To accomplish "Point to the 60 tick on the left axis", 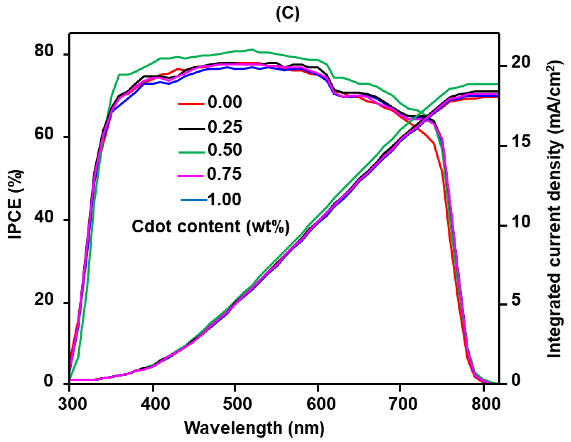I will click(x=44, y=134).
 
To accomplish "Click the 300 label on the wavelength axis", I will click(x=73, y=404).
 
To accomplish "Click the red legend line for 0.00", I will click(x=191, y=104).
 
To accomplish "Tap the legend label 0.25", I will click(x=225, y=127).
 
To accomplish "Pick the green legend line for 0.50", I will click(x=192, y=152).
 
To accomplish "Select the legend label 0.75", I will click(x=224, y=174).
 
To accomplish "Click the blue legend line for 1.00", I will click(x=194, y=200).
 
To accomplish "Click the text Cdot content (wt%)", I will click(x=211, y=227).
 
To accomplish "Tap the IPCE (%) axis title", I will click(x=15, y=204).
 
